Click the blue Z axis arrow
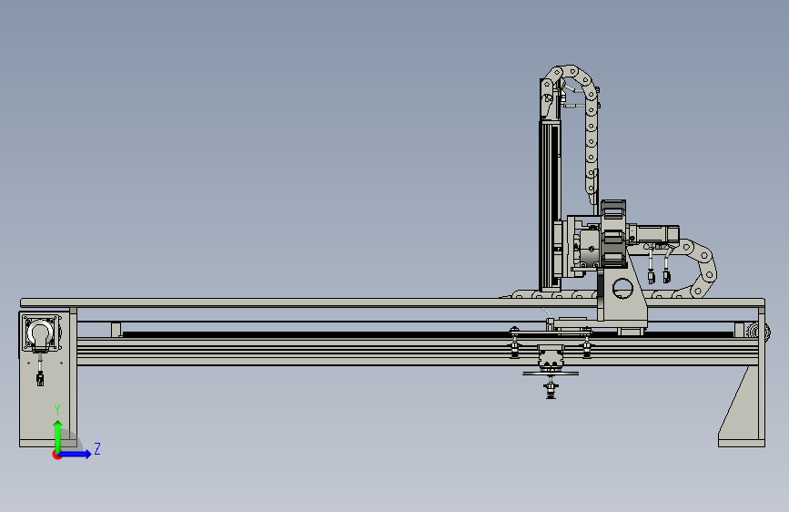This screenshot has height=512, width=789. [75, 454]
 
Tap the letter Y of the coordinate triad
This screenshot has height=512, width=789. [57, 410]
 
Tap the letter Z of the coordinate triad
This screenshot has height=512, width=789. [97, 448]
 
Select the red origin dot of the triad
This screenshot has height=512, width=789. [56, 455]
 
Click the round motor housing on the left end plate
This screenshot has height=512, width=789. [40, 332]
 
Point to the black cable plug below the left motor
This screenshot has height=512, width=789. [40, 378]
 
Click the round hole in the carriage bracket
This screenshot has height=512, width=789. [622, 289]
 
